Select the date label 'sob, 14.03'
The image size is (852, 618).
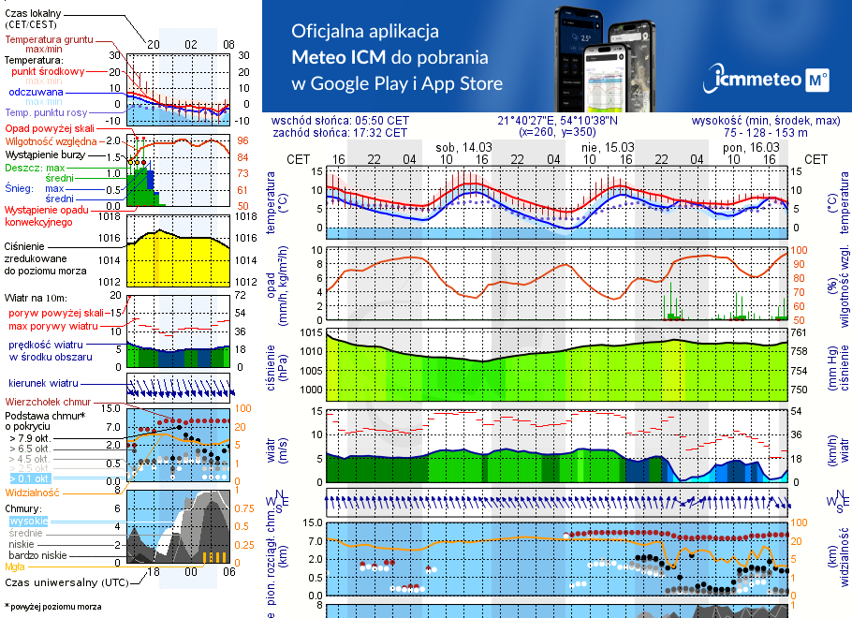pyautogui.click(x=463, y=147)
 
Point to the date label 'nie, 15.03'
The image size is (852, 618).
pyautogui.click(x=608, y=147)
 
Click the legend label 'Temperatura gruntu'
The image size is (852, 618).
pyautogui.click(x=49, y=40)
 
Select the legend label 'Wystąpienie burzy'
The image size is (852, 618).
pyautogui.click(x=45, y=154)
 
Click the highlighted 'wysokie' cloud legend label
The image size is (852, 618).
pyautogui.click(x=28, y=520)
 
